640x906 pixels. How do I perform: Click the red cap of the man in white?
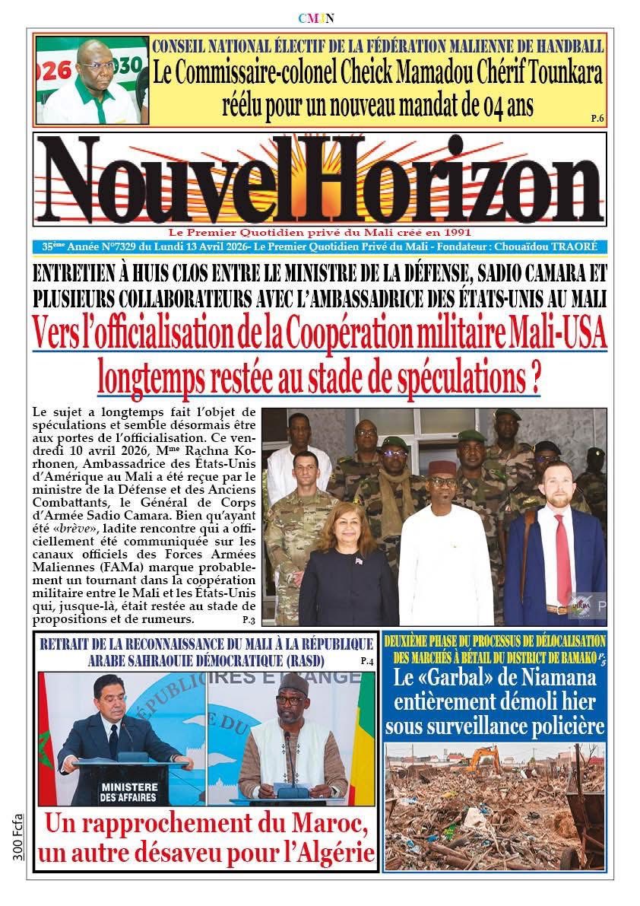click(x=442, y=467)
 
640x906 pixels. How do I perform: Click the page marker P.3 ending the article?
click(x=248, y=621)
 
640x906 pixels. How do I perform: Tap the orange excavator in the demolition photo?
click(x=483, y=758)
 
